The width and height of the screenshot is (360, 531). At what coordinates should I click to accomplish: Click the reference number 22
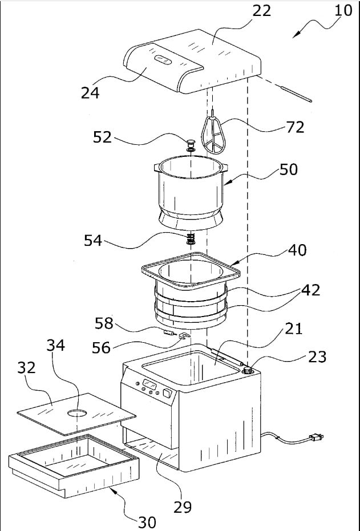[x=262, y=11]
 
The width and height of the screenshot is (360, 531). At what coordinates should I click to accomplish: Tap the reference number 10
[x=343, y=11]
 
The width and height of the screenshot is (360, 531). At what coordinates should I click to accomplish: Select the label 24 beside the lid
[x=90, y=92]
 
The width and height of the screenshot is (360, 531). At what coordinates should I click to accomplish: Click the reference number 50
[x=288, y=169]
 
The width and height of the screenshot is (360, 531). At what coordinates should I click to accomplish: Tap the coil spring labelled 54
[x=191, y=239]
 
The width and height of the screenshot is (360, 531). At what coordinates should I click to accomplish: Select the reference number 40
[x=297, y=250]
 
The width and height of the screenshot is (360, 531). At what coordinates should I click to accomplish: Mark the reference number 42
[x=310, y=290]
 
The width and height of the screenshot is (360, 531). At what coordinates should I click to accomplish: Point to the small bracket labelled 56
[x=183, y=337]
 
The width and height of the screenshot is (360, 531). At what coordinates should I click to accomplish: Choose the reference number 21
[x=293, y=329]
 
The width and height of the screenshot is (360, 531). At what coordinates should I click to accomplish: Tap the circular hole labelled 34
[x=77, y=413]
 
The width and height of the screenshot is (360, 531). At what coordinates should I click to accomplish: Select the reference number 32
[x=26, y=367]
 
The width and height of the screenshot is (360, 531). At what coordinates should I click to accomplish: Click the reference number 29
[x=183, y=507]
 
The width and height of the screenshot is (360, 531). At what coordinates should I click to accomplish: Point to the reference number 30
[x=147, y=522]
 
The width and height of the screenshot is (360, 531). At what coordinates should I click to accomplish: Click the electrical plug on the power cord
[x=316, y=437]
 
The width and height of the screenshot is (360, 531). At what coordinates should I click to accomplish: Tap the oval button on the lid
[x=163, y=60]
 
